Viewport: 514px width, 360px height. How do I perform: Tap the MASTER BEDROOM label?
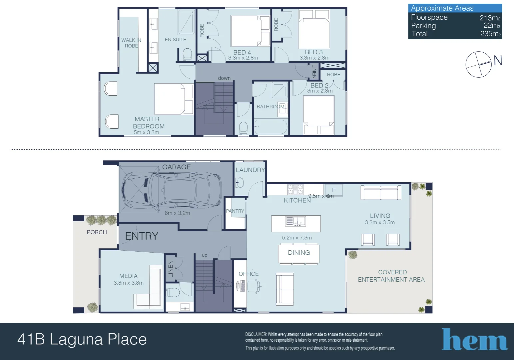click(149, 123)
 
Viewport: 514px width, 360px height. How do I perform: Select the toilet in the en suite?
click(187, 54)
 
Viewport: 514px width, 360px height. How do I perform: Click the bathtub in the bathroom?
click(270, 127)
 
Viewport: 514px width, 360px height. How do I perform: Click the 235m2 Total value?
click(490, 34)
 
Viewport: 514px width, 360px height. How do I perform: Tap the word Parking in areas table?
click(423, 26)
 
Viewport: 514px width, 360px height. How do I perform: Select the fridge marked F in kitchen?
click(333, 190)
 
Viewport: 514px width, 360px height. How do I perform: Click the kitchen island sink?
click(295, 221)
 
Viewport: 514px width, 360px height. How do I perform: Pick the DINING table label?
click(299, 253)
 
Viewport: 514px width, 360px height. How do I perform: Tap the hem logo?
click(474, 340)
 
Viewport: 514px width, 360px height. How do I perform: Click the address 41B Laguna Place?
click(82, 339)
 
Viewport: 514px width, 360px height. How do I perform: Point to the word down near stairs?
click(224, 78)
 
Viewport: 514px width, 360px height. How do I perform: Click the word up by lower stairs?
click(205, 255)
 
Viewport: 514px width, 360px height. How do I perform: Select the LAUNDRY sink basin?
click(240, 182)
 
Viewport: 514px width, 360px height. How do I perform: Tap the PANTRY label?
click(235, 211)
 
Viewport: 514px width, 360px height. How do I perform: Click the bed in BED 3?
click(314, 32)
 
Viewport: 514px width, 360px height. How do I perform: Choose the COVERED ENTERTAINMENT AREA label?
click(391, 276)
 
